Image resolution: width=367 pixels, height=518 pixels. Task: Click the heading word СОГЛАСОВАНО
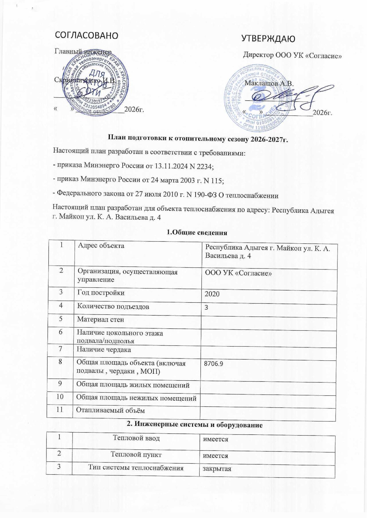click(x=86, y=36)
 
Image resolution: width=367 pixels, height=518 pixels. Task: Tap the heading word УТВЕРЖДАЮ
click(x=268, y=39)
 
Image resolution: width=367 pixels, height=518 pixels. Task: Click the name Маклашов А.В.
click(x=269, y=83)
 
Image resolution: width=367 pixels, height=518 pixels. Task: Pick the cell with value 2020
click(x=212, y=294)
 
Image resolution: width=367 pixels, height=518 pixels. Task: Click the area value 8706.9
click(x=214, y=364)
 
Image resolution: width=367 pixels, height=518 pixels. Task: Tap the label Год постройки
click(x=101, y=293)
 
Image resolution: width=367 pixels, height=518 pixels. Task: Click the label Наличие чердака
click(x=104, y=350)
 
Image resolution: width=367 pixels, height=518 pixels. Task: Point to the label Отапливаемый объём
click(x=110, y=410)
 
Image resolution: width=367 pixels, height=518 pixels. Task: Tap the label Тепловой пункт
click(x=136, y=454)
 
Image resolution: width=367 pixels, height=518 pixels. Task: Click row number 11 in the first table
click(x=60, y=410)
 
